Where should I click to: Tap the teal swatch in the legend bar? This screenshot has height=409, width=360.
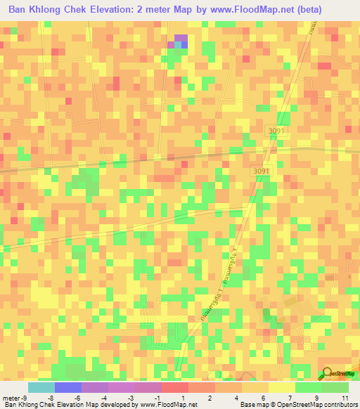pos(41,388)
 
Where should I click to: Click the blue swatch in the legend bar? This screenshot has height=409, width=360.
pos(68,388)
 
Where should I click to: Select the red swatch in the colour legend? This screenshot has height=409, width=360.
pos(175,388)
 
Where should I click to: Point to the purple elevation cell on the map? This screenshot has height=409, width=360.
pos(181,38)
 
